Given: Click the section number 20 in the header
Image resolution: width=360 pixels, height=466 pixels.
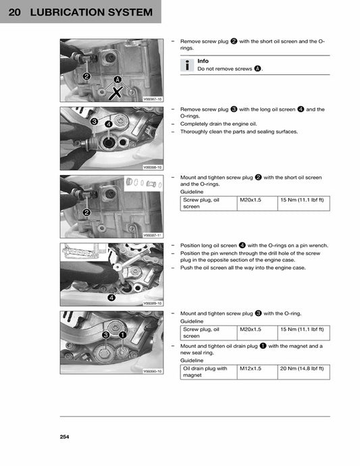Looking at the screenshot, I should point(15,12).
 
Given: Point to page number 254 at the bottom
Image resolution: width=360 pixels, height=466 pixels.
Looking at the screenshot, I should point(64,437).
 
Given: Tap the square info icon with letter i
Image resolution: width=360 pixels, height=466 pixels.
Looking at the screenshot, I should point(187,65).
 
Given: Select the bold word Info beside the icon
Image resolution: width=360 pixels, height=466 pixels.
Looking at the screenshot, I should point(203,61).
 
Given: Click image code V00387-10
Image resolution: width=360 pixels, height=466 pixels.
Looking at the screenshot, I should point(153,99).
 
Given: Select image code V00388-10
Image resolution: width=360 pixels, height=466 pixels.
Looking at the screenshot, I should point(153,167).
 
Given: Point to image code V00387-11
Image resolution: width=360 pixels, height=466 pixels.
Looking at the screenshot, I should point(153,235).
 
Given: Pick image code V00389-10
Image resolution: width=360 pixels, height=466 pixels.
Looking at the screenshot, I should point(153,304).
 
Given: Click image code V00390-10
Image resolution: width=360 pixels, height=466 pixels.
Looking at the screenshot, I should point(153,371).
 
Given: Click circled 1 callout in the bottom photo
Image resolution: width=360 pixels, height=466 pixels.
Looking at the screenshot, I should point(122,334).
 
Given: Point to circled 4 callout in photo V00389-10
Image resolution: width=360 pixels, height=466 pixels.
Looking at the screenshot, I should point(111,296).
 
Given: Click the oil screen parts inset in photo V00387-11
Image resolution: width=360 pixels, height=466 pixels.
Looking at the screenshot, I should point(143,184).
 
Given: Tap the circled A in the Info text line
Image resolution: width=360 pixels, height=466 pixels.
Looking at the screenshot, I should point(257,69).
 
